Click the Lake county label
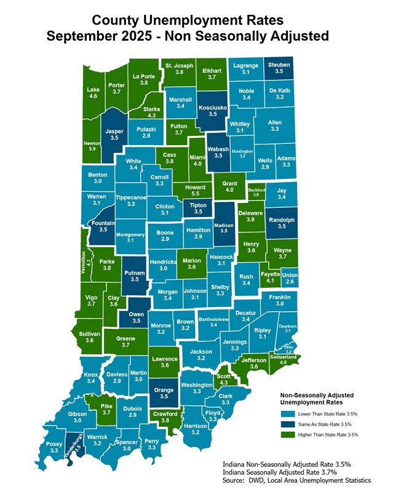(93, 89)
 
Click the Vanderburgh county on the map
(74, 444)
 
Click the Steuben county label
(279, 65)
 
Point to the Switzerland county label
(284, 357)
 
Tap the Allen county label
(275, 123)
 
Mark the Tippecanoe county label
(130, 197)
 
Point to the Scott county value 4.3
(223, 383)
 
